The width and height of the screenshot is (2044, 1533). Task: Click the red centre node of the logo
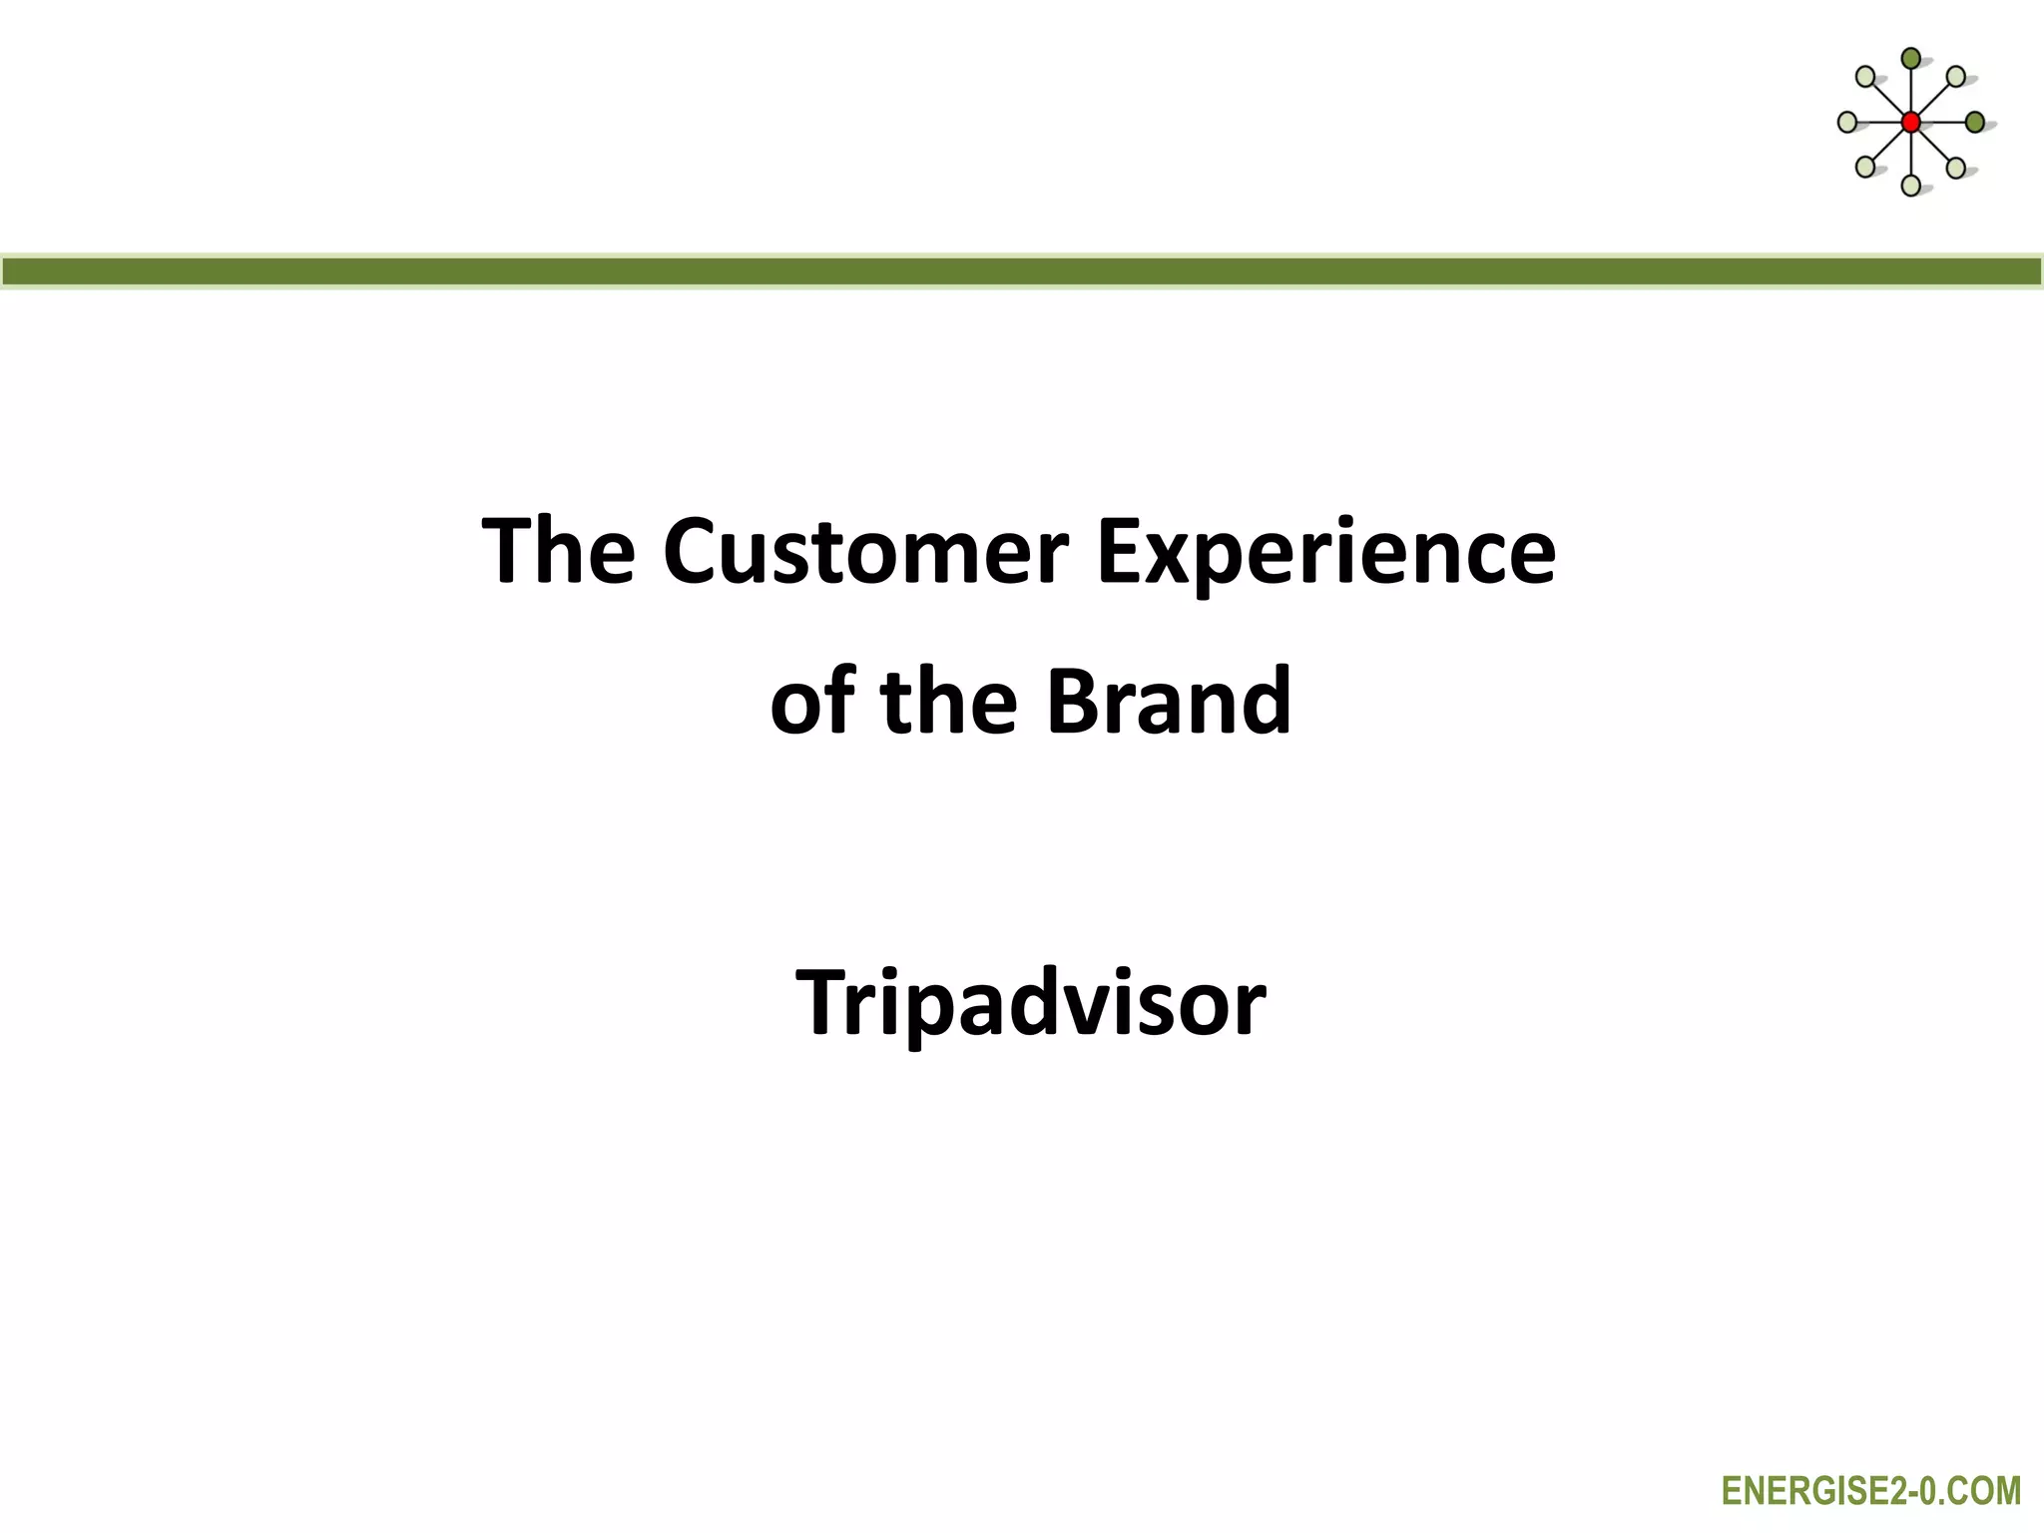click(x=1910, y=123)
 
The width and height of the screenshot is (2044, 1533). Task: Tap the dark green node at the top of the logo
click(x=1910, y=59)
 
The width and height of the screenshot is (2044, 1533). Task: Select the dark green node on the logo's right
click(x=1974, y=122)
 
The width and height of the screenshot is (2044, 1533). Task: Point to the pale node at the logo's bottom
click(x=1910, y=185)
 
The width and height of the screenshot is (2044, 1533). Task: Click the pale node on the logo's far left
click(x=1847, y=122)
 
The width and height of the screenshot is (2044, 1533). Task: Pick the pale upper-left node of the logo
click(x=1865, y=77)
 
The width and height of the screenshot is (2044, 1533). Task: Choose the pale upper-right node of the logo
click(x=1956, y=77)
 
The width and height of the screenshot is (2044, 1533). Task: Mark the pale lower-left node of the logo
click(x=1865, y=167)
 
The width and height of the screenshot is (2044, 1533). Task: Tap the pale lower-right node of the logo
click(x=1956, y=167)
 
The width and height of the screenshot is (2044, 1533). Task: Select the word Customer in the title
click(x=865, y=552)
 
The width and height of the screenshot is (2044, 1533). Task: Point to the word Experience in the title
click(x=1325, y=552)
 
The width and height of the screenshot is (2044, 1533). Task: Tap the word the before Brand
click(x=948, y=702)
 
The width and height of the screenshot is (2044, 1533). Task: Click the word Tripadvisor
click(x=1030, y=1003)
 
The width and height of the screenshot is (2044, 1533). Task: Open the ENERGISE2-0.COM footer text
click(x=1870, y=1492)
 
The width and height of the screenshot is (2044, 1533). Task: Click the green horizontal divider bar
click(x=1022, y=271)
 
